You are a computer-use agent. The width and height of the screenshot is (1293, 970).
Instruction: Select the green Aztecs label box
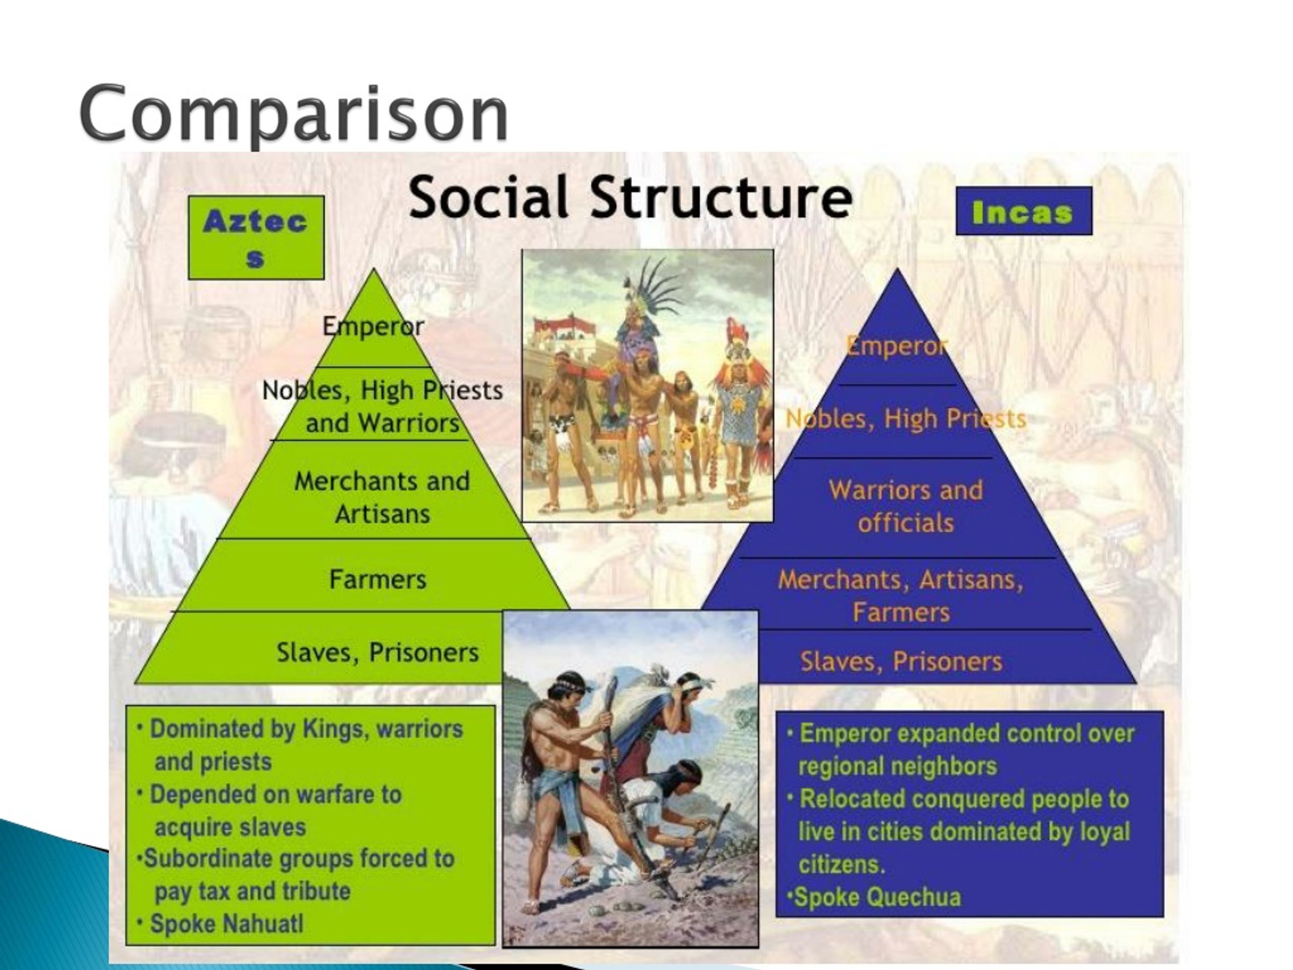click(256, 237)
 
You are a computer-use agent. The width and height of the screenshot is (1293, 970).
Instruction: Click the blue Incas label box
click(1023, 211)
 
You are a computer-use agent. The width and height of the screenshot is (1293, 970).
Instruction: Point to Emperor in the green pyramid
click(373, 326)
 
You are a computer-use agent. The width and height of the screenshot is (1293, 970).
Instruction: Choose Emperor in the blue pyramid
click(896, 346)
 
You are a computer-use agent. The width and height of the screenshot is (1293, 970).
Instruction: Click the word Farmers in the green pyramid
click(378, 579)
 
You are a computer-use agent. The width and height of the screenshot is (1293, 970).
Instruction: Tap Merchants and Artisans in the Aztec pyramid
click(382, 498)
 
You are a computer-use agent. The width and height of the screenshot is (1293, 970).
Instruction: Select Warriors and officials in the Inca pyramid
click(906, 506)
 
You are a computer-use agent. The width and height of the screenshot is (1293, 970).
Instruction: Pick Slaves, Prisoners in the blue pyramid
click(901, 661)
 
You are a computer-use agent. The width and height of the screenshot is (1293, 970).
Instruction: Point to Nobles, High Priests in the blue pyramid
click(906, 419)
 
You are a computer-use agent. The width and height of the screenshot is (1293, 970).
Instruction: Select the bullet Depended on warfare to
click(275, 794)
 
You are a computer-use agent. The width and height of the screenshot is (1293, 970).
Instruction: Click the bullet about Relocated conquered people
click(963, 799)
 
